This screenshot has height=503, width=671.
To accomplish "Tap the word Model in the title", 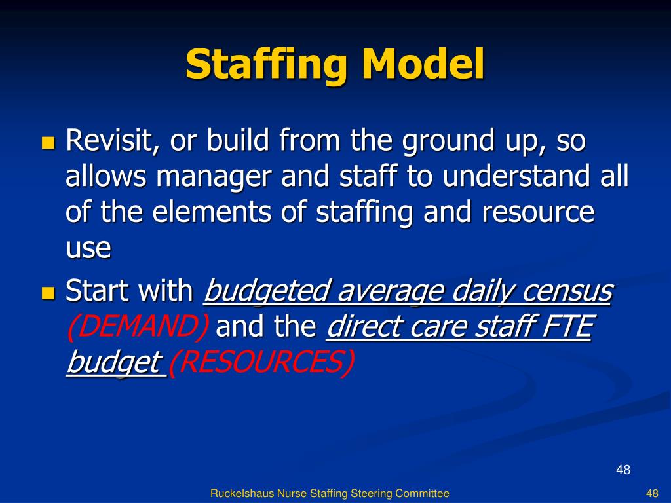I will [x=424, y=64].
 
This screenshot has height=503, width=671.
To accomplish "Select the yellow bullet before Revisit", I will [x=48, y=142].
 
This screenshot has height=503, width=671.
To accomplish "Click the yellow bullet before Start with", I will [x=48, y=292].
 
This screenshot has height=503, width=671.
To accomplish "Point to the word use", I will [x=88, y=250].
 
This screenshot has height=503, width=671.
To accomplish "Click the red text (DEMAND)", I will [x=138, y=327].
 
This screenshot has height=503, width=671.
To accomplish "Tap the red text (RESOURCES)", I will [x=261, y=362].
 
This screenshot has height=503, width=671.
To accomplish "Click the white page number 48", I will [x=623, y=470].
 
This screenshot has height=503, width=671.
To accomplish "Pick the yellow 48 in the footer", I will [x=651, y=493].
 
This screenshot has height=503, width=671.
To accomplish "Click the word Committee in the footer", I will [x=423, y=493].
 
